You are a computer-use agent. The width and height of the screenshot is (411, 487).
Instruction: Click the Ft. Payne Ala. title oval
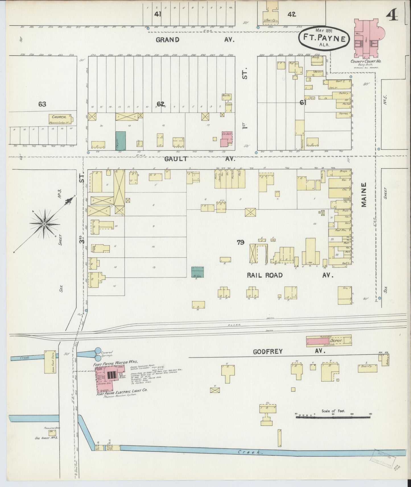click(x=324, y=38)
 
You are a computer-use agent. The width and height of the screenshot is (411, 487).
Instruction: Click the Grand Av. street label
click(x=195, y=40)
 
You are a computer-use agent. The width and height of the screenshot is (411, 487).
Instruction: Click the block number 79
click(x=240, y=242)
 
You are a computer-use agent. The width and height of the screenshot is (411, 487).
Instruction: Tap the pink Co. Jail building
click(x=227, y=138)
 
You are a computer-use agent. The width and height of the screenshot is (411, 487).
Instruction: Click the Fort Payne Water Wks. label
click(x=115, y=362)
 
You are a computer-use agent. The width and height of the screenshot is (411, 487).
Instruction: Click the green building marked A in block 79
click(x=197, y=272)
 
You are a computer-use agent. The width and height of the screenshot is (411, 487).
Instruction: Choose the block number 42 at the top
click(x=292, y=14)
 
